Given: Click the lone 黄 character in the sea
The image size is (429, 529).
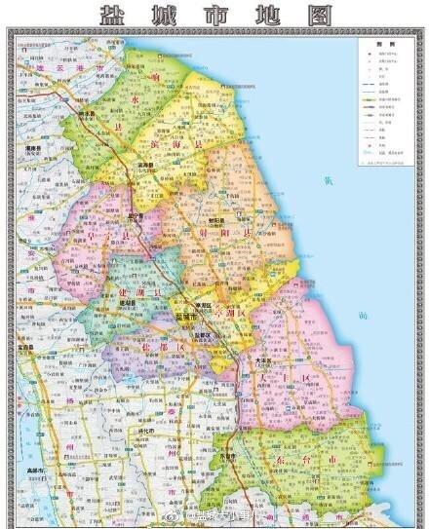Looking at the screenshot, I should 358,180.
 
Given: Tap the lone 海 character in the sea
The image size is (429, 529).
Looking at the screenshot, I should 363,316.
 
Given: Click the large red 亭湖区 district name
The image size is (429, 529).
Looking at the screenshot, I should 222,310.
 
